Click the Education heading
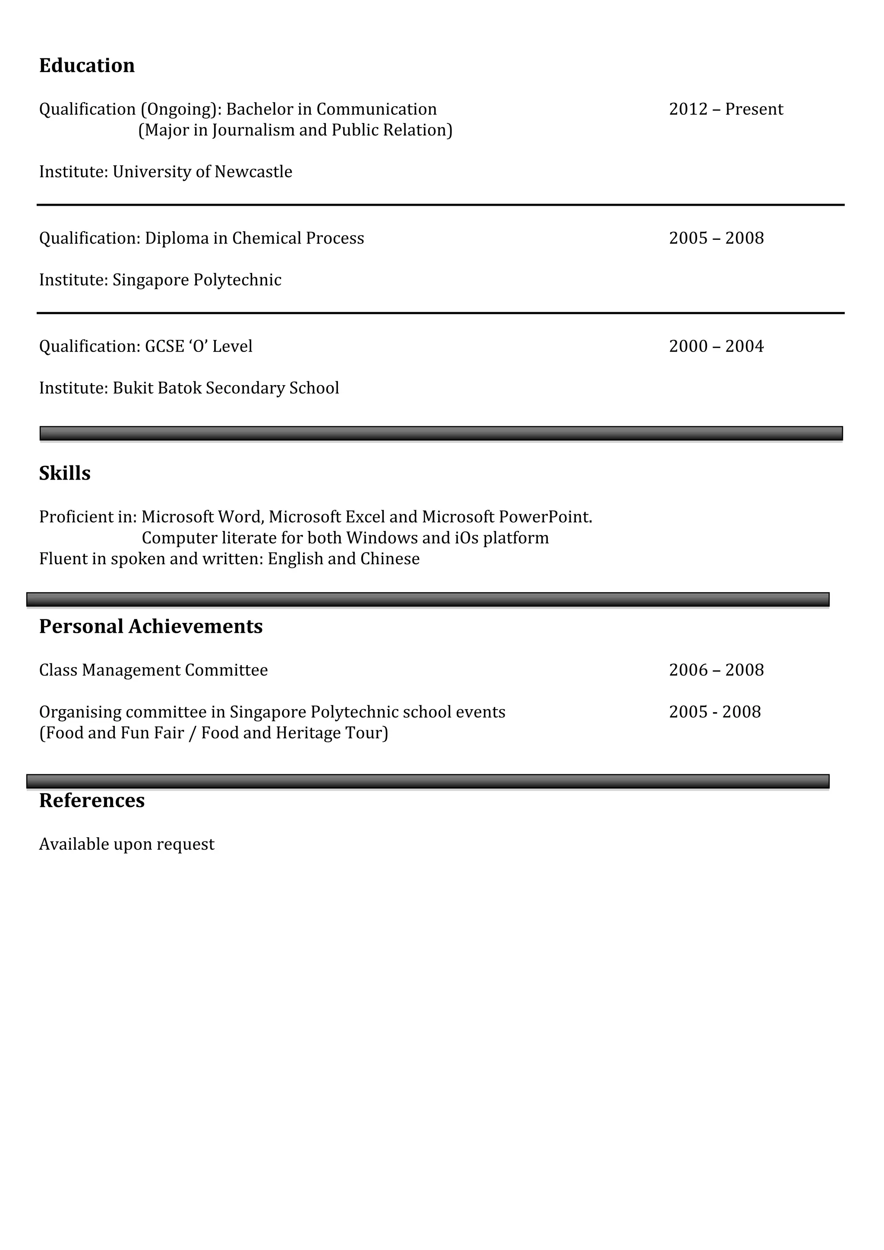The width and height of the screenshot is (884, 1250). click(87, 66)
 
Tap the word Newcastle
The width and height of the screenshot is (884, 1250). click(253, 172)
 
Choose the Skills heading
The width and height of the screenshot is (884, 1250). click(65, 474)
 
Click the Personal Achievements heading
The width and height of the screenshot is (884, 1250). click(151, 627)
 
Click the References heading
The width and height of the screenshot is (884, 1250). click(92, 801)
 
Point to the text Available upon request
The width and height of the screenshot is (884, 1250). click(126, 845)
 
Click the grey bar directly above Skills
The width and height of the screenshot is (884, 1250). click(441, 433)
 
